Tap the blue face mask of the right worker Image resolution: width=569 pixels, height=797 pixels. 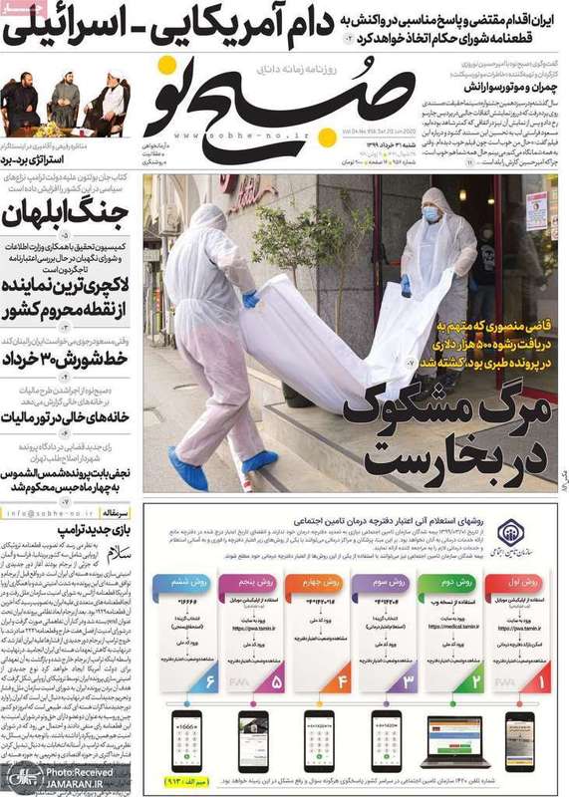pos(430,213)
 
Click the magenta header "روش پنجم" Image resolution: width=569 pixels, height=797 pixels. pos(252,580)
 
